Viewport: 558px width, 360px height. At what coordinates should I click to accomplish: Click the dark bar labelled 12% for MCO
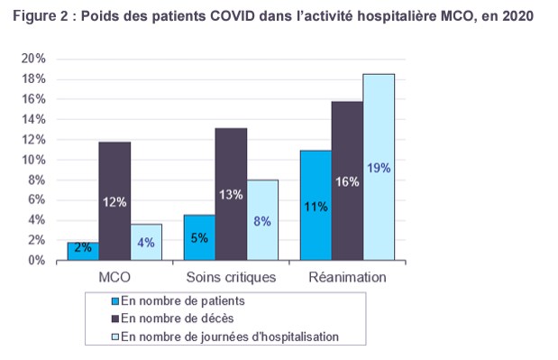pyautogui.click(x=114, y=201)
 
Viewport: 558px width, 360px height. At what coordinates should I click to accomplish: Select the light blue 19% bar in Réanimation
pyautogui.click(x=379, y=167)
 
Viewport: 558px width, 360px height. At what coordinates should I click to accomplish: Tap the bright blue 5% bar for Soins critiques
pyautogui.click(x=199, y=237)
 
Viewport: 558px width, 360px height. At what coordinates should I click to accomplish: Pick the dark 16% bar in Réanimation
pyautogui.click(x=347, y=180)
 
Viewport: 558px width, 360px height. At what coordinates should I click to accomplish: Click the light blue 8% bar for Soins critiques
pyautogui.click(x=262, y=220)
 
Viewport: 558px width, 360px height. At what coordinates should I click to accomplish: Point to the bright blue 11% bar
pyautogui.click(x=316, y=206)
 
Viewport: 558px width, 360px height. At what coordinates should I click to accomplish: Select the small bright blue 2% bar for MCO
pyautogui.click(x=83, y=252)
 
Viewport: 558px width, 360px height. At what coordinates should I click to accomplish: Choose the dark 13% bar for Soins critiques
pyautogui.click(x=231, y=194)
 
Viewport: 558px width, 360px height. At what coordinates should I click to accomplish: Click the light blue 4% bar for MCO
pyautogui.click(x=146, y=242)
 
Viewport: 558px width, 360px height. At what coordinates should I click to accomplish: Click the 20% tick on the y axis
pyautogui.click(x=33, y=59)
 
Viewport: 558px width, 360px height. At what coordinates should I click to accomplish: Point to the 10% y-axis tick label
pyautogui.click(x=33, y=160)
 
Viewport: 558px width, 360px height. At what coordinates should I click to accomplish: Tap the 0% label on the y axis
pyautogui.click(x=37, y=260)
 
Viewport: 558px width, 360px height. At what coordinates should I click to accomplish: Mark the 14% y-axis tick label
pyautogui.click(x=33, y=119)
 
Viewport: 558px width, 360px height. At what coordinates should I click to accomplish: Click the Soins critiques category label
pyautogui.click(x=231, y=277)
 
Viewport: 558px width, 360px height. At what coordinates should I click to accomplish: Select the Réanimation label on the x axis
pyautogui.click(x=347, y=277)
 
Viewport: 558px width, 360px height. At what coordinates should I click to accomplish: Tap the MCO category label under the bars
pyautogui.click(x=114, y=277)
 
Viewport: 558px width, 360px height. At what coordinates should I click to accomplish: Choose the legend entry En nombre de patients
pyautogui.click(x=178, y=300)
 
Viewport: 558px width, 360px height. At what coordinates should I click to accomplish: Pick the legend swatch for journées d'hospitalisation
pyautogui.click(x=115, y=337)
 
